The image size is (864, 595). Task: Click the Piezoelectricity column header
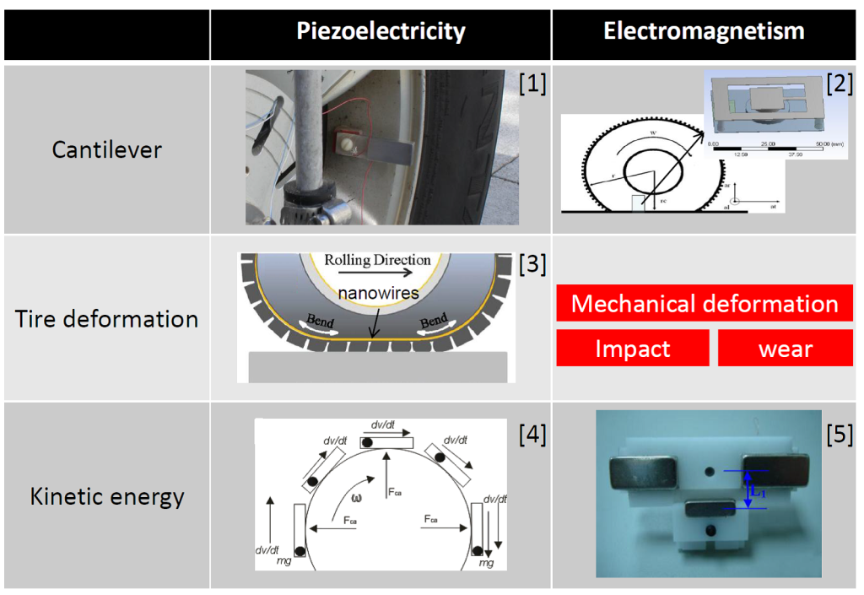(x=381, y=32)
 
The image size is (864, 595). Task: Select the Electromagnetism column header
(x=704, y=32)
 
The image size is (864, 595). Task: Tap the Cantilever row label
(x=106, y=149)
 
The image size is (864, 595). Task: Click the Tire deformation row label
(x=106, y=318)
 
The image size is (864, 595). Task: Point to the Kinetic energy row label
(x=106, y=495)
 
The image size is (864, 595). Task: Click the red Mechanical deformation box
(x=705, y=303)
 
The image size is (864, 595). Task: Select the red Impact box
(x=632, y=348)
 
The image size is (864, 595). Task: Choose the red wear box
(x=785, y=348)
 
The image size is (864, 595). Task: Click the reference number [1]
(x=532, y=84)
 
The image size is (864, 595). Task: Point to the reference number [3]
(x=532, y=264)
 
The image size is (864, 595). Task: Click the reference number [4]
(x=532, y=435)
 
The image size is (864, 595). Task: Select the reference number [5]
(x=840, y=435)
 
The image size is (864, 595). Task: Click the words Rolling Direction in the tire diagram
(x=377, y=260)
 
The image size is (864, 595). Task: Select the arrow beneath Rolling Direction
(x=377, y=274)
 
